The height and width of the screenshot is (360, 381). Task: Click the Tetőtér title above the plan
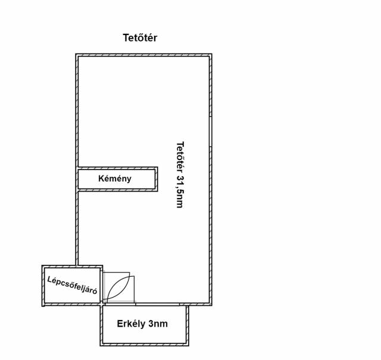tap(140, 37)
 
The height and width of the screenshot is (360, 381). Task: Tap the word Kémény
tap(115, 179)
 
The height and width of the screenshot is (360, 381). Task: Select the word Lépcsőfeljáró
tap(72, 285)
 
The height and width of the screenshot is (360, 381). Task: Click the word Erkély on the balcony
tap(132, 324)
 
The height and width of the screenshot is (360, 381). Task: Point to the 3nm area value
tap(158, 324)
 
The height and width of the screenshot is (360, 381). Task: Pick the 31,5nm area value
tap(180, 192)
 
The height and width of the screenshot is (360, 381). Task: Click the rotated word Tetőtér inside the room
tap(180, 156)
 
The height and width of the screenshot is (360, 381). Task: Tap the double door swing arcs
tap(118, 287)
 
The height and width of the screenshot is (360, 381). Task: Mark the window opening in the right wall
tap(210, 132)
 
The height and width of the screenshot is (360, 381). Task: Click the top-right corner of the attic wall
tap(212, 54)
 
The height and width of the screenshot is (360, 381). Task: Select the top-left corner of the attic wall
tap(76, 54)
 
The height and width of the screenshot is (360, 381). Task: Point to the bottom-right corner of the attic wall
tap(212, 305)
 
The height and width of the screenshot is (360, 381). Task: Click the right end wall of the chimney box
tap(156, 179)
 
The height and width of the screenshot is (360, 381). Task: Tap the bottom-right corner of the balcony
tap(189, 346)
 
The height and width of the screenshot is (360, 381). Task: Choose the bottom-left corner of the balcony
tap(101, 346)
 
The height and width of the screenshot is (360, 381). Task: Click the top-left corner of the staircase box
tap(42, 265)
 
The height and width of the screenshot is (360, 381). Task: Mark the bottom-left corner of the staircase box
tap(42, 306)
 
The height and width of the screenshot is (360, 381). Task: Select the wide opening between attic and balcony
tap(157, 304)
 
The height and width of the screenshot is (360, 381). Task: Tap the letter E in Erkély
tap(120, 324)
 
